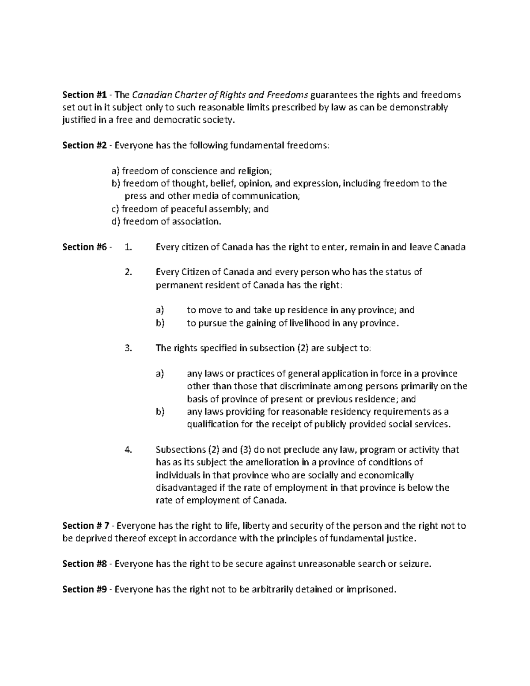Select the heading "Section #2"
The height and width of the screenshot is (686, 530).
point(84,145)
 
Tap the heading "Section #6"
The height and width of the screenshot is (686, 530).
point(84,247)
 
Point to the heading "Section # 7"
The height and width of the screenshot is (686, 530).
point(86,526)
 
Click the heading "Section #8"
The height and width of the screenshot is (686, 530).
point(84,564)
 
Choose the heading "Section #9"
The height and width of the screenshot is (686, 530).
point(84,589)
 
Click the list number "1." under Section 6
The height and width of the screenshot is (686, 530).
point(129,247)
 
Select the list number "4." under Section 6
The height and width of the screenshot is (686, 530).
point(129,450)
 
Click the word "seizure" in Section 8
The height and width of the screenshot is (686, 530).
point(415,564)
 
